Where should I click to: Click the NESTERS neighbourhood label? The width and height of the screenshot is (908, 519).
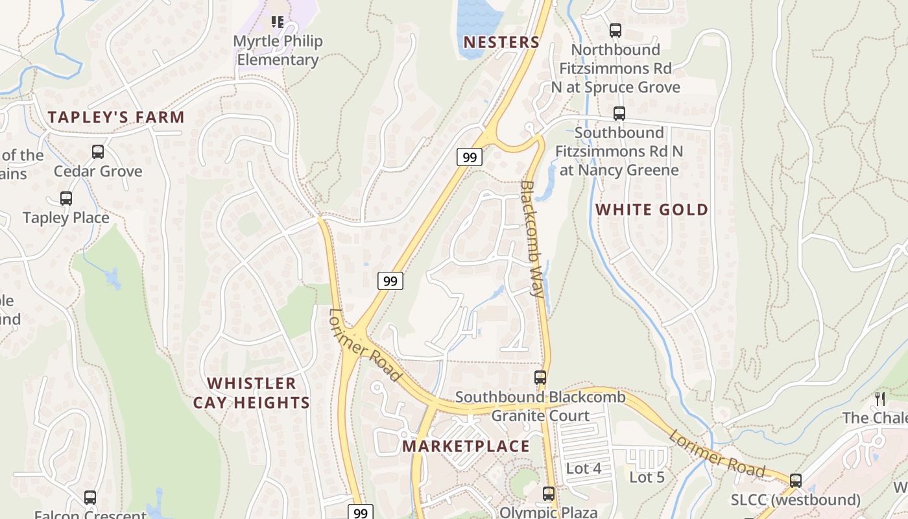click(x=501, y=42)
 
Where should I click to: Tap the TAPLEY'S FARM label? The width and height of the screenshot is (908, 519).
click(x=116, y=117)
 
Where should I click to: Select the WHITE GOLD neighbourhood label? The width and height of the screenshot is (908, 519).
click(x=652, y=210)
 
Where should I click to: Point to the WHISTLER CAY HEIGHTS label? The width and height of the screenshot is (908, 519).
click(x=252, y=392)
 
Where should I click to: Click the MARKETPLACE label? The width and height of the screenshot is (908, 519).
click(x=466, y=446)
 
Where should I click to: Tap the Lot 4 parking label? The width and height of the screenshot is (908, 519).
click(x=584, y=468)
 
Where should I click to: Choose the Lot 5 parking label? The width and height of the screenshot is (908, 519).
click(x=647, y=477)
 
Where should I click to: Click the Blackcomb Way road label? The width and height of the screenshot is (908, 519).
click(x=532, y=238)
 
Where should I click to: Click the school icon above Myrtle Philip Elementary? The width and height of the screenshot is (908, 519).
click(x=278, y=22)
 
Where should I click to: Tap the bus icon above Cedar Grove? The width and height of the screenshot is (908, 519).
click(x=98, y=152)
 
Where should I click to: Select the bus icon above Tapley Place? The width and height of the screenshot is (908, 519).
click(x=66, y=198)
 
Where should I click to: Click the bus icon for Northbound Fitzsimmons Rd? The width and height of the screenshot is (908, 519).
click(x=615, y=30)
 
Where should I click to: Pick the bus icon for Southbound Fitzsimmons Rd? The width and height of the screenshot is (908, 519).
click(x=619, y=114)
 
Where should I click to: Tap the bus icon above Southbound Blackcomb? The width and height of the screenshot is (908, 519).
click(x=540, y=377)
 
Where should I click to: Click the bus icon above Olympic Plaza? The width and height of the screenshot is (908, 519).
click(x=549, y=493)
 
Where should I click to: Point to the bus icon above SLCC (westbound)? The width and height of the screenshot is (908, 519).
click(x=796, y=481)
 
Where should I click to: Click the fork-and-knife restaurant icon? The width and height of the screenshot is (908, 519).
click(x=880, y=398)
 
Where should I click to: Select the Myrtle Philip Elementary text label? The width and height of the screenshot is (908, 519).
click(x=278, y=51)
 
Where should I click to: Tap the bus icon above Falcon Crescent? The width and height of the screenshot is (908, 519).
click(x=90, y=498)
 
